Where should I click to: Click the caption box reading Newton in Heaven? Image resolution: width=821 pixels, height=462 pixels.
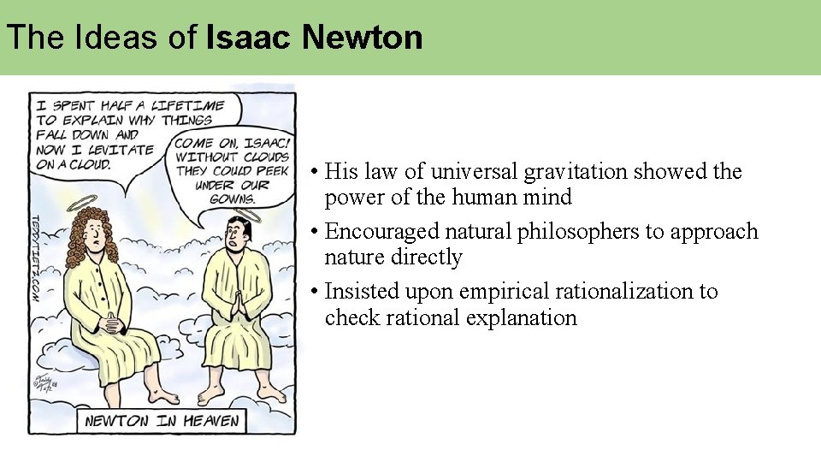[x=162, y=421]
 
